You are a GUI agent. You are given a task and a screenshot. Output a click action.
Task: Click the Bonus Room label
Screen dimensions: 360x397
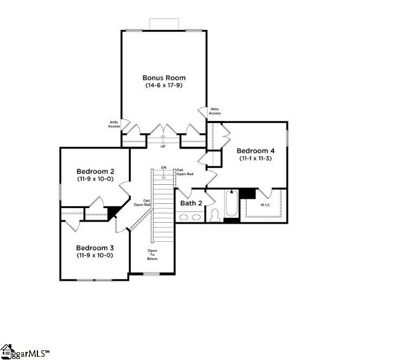pos(163,78)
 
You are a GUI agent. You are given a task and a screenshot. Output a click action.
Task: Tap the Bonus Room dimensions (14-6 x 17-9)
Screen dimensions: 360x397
pos(163,86)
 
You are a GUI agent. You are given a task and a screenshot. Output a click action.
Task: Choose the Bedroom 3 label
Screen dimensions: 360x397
pos(94,247)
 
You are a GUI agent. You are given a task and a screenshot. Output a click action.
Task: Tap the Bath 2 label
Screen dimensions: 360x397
pos(191,203)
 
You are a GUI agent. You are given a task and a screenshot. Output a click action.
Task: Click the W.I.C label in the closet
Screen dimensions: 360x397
pos(265,205)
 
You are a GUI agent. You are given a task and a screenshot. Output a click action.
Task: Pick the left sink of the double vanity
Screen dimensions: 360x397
pos(184,217)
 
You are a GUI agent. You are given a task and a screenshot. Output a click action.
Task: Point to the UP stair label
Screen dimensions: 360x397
pos(163,146)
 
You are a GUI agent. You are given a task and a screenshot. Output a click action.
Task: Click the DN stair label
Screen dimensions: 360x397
pos(163,168)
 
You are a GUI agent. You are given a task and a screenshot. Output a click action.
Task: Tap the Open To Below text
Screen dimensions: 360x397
pos(152,255)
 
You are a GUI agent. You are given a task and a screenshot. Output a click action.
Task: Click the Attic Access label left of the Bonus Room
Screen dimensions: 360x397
pos(114,124)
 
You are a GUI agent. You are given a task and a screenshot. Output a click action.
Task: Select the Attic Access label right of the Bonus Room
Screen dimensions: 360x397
pos(215,111)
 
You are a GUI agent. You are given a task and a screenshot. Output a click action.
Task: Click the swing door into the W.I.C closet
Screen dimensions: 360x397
pos(266,194)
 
